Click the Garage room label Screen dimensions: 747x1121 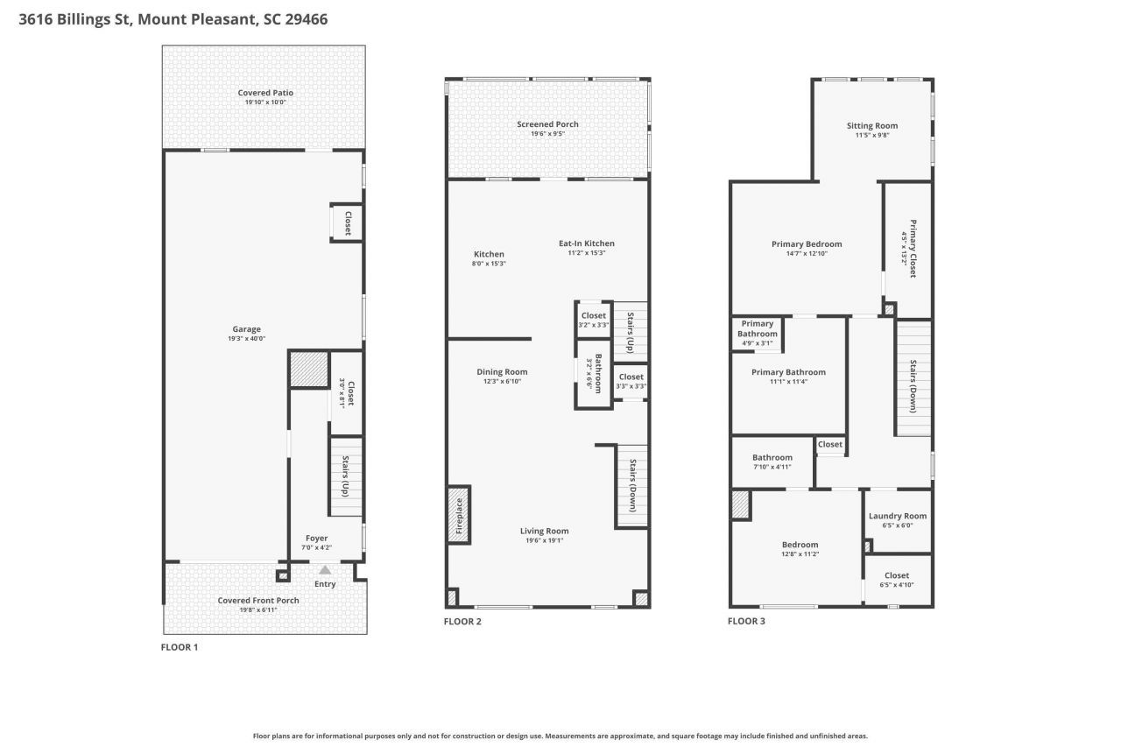click(x=246, y=329)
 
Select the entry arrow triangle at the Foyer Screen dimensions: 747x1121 click(x=325, y=570)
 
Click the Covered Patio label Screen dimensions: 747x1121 click(x=265, y=93)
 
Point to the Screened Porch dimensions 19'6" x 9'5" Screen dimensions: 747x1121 click(x=547, y=134)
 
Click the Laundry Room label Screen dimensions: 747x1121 click(x=897, y=516)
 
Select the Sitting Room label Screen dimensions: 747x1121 click(x=871, y=125)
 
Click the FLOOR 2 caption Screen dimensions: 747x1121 click(x=462, y=622)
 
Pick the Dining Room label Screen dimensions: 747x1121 click(x=502, y=371)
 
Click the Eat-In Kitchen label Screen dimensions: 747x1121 click(x=587, y=243)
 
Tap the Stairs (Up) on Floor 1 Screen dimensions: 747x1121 click(x=345, y=477)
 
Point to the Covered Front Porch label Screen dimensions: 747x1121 click(x=258, y=600)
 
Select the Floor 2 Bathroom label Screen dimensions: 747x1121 click(x=598, y=373)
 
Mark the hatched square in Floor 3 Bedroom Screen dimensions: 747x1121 click(x=741, y=505)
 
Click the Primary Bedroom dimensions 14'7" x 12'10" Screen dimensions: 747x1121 click(x=806, y=254)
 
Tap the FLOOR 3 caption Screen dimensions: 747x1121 click(x=746, y=622)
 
